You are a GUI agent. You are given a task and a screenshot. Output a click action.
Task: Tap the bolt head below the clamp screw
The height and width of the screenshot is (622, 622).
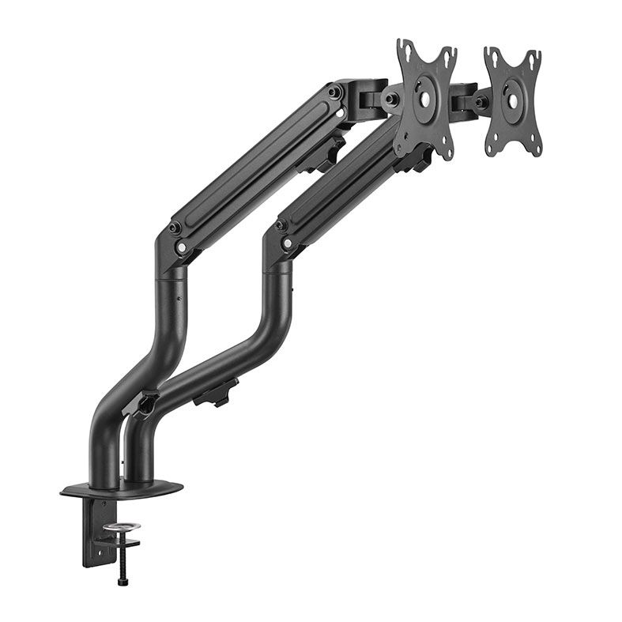coord(123,582)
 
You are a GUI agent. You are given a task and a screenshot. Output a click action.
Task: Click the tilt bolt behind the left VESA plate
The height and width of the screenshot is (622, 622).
coord(390,100)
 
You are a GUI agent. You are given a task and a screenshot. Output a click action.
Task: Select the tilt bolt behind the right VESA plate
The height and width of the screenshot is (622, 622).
coord(479,102)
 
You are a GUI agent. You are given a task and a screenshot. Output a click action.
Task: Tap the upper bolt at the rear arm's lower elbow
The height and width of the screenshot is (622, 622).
coord(175,228)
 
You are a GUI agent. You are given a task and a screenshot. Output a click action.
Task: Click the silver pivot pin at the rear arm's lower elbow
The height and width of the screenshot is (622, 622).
coord(183,247)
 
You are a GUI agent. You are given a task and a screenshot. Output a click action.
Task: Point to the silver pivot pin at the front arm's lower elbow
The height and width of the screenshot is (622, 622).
coord(286,243)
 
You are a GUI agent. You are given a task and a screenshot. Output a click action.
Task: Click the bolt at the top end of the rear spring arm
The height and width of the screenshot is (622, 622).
coord(336,92)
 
